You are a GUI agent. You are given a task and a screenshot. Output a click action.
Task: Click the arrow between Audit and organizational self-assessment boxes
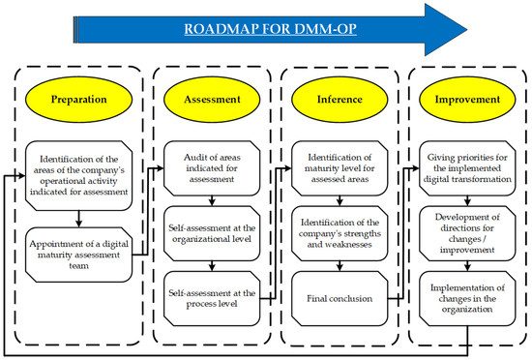tap(211, 198)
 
